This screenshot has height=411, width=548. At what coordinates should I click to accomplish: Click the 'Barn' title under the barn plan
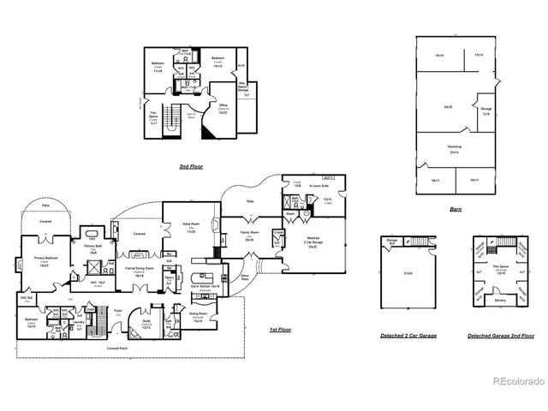(456, 208)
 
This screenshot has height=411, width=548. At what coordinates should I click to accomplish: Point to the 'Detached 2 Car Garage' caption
(408, 336)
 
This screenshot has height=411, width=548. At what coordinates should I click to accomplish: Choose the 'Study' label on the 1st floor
(146, 324)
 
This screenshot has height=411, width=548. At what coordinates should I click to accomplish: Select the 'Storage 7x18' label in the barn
(486, 110)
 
